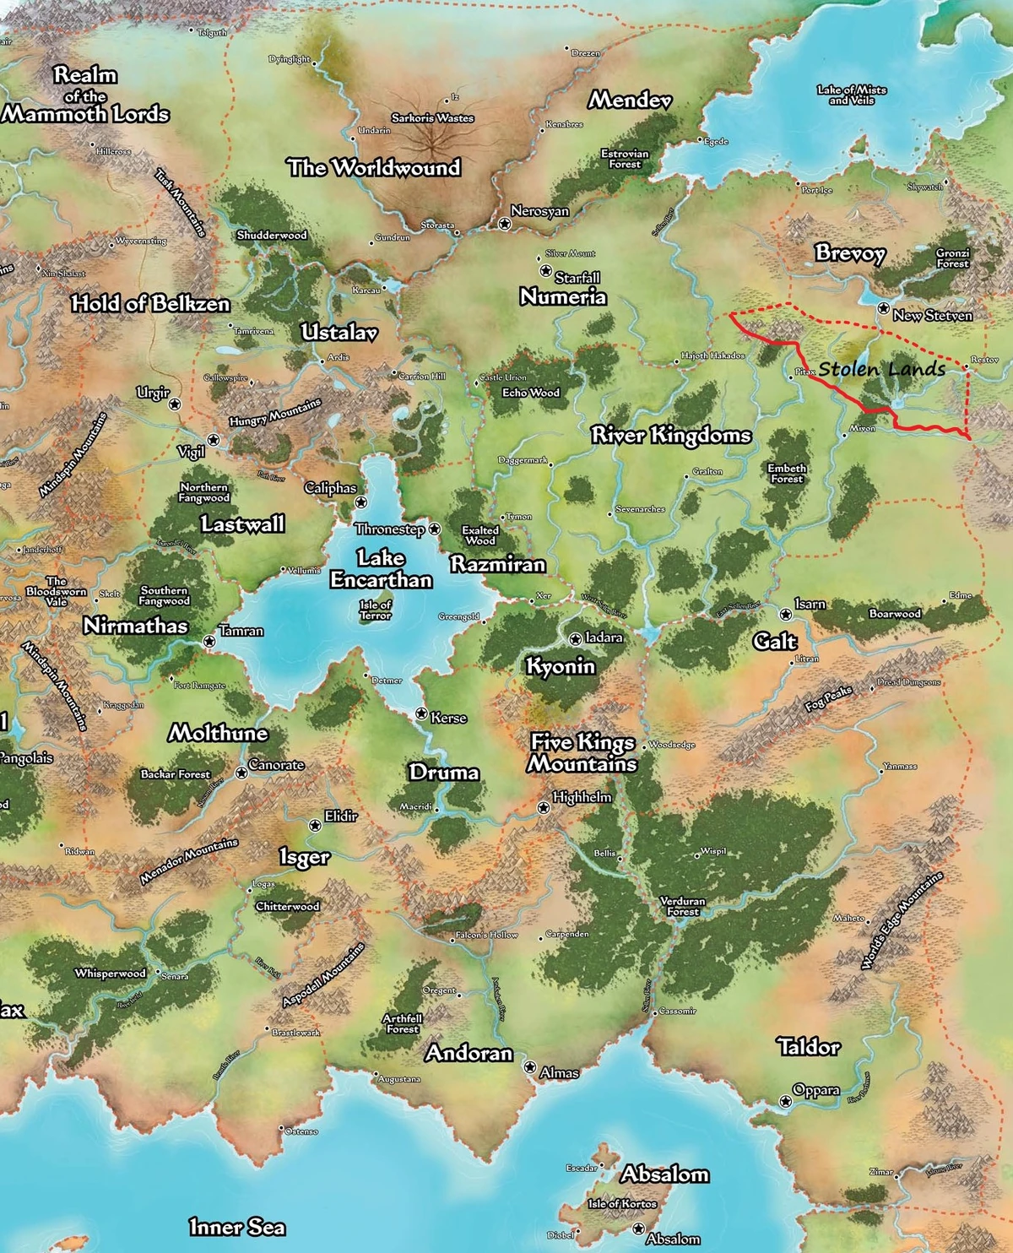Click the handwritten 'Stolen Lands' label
(x=881, y=369)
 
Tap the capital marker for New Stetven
(x=883, y=309)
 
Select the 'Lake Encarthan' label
(x=381, y=569)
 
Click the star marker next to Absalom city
(x=638, y=1229)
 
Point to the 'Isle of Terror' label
(x=376, y=610)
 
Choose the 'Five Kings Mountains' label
(x=582, y=753)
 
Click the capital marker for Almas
(x=530, y=1068)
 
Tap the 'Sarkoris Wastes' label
(x=432, y=118)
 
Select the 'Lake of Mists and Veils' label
(x=851, y=95)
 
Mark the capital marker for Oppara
(x=785, y=1101)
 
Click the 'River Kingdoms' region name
(x=670, y=436)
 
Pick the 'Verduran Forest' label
(x=682, y=906)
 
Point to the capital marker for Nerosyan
(x=504, y=224)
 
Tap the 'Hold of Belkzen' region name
(x=150, y=304)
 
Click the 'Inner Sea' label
(x=236, y=1227)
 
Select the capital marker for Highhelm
(x=544, y=808)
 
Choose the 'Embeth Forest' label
(x=787, y=474)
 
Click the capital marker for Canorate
(x=241, y=773)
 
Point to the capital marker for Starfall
(x=545, y=271)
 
